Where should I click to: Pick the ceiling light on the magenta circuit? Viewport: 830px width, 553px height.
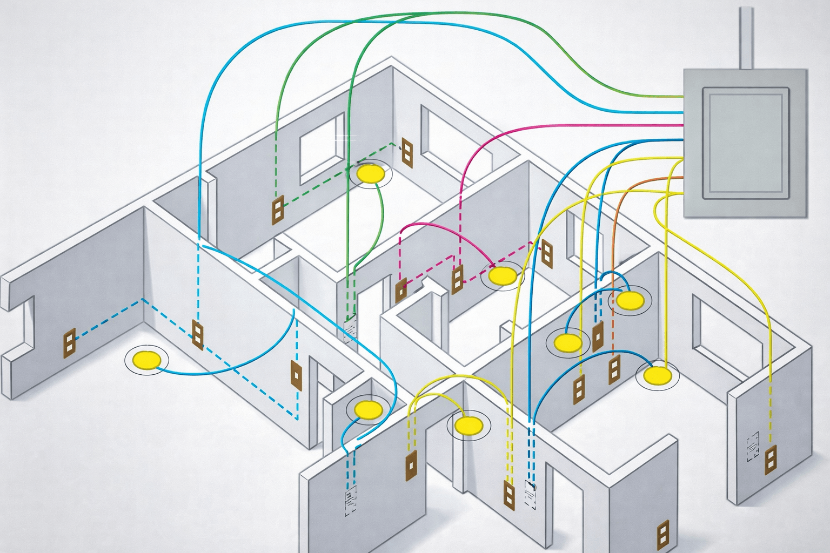point(503,276)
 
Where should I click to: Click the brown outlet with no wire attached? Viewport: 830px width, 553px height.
point(662,533)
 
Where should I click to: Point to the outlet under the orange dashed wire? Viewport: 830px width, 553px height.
point(614,369)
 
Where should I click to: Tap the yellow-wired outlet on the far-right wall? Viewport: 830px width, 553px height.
point(769,460)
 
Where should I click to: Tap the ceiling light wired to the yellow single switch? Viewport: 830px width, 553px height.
point(467,425)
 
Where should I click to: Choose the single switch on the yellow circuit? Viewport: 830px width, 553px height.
point(411,465)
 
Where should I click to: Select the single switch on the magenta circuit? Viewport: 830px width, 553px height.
point(401,291)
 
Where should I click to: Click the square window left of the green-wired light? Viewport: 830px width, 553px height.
point(322,148)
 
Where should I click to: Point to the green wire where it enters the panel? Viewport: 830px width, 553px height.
point(682,96)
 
